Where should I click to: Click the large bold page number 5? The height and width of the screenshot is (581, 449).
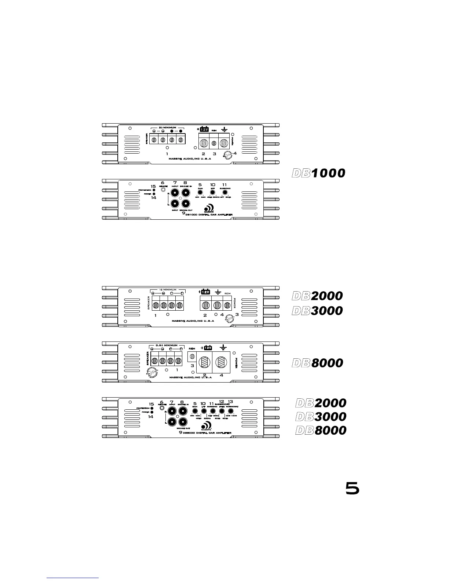(x=352, y=488)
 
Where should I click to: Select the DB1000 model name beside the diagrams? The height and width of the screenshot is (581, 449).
(x=318, y=173)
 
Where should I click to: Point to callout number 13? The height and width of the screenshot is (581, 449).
(x=230, y=402)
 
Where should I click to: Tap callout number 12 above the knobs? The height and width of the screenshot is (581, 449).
(x=221, y=401)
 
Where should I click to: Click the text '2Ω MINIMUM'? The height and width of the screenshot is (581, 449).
(x=167, y=127)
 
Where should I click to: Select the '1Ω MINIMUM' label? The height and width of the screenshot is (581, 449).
(x=167, y=289)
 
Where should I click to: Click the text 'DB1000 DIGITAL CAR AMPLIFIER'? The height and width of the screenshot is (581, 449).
(x=209, y=215)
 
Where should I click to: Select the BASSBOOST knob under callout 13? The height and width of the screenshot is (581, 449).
(x=231, y=411)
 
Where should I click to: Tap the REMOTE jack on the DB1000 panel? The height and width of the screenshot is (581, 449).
(x=163, y=191)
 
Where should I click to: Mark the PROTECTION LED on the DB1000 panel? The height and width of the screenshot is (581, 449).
(x=154, y=190)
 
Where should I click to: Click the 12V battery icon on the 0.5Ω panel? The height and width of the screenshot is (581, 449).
(x=208, y=347)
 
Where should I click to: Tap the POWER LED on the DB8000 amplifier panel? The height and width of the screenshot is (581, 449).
(x=152, y=412)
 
